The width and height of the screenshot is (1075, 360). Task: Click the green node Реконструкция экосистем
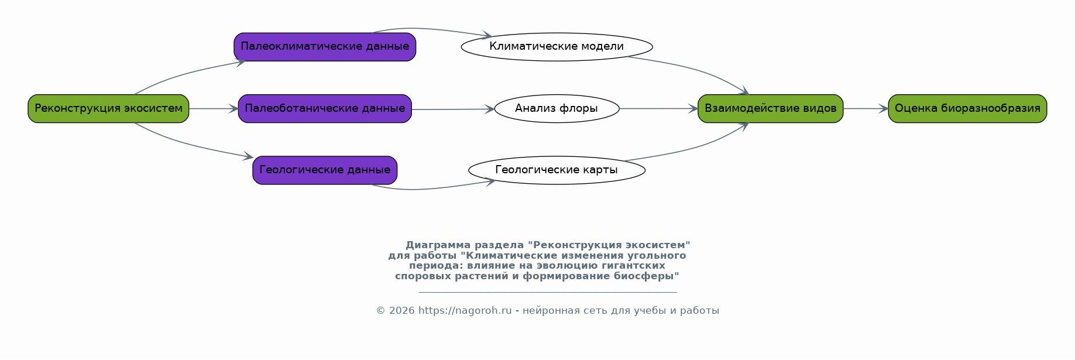pos(108,108)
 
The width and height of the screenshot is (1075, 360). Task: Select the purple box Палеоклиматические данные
pos(325,47)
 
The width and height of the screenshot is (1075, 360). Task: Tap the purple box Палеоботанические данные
pos(325,108)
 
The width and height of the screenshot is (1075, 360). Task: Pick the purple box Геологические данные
pos(325,170)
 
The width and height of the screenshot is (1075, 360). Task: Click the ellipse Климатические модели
pos(557,47)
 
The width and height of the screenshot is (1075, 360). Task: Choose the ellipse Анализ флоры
pos(557,108)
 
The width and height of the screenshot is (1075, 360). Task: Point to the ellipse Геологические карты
pos(557,170)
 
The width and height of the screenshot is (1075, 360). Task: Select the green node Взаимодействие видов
pos(770,108)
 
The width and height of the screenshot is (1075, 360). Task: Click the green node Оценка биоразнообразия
pos(967,108)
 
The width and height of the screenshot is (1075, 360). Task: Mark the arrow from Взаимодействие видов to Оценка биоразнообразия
pos(866,108)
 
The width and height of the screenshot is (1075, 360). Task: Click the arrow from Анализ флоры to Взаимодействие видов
pos(659,108)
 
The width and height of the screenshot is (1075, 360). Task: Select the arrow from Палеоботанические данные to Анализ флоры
pos(453,109)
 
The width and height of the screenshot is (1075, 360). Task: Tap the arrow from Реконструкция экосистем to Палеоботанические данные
pos(214,108)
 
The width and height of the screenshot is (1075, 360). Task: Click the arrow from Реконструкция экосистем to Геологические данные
pos(187,145)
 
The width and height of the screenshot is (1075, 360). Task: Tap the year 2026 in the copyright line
pos(402,311)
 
